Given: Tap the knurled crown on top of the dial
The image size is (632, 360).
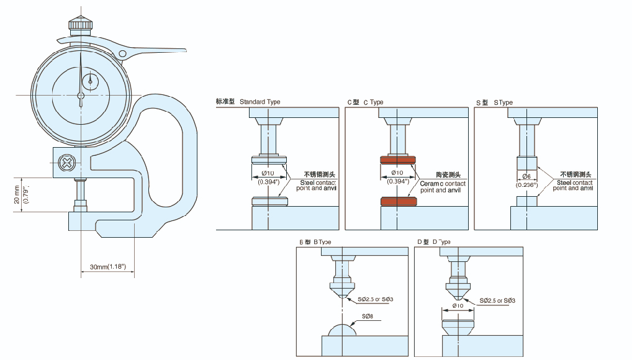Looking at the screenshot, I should point(81,24).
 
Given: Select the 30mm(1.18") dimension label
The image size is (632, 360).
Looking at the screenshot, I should point(108,266).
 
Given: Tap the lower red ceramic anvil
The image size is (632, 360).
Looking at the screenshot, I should point(398,202).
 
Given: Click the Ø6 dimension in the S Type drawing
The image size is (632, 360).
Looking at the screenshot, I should point(526,177).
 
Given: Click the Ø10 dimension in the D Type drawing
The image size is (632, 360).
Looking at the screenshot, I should point(458,305).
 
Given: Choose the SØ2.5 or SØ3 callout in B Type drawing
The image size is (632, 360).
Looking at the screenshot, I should point(375,300).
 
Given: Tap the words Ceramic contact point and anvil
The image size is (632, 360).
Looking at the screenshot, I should point(442,186).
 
